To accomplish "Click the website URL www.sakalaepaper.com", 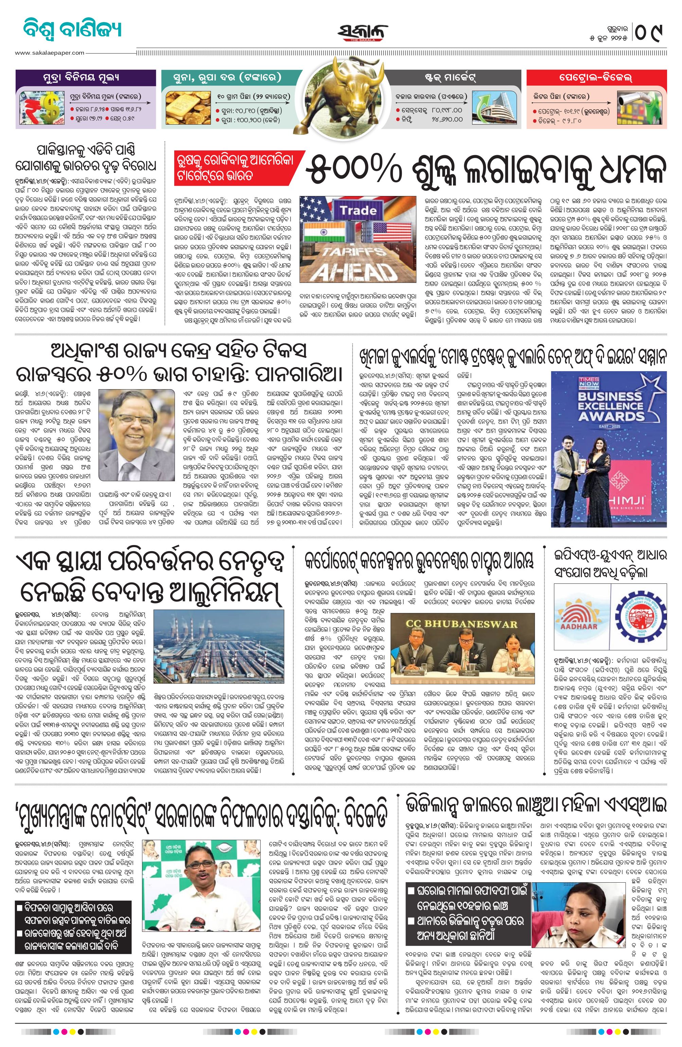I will point(49,53).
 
